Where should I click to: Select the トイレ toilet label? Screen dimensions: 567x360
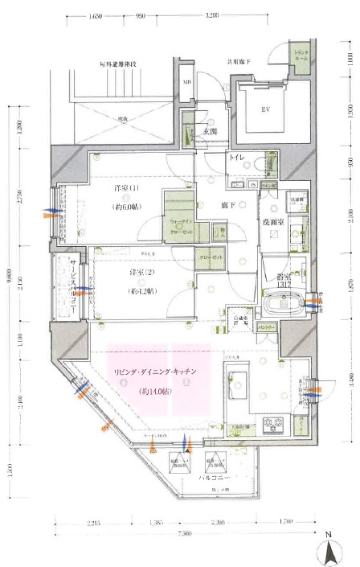click(239, 158)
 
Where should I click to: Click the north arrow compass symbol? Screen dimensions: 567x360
click(329, 550)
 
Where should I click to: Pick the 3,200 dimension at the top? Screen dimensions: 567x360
click(213, 15)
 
